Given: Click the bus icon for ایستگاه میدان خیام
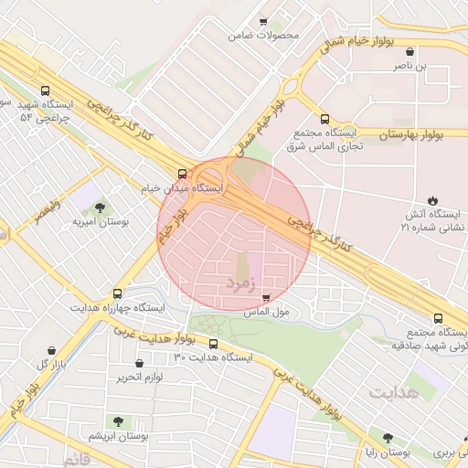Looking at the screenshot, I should point(182,173).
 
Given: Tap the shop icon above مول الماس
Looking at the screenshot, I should point(266,298).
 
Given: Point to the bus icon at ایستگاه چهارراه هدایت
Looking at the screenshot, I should point(117,293).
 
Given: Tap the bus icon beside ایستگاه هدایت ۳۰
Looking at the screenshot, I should point(214,344).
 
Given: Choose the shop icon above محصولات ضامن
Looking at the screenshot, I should point(264,22).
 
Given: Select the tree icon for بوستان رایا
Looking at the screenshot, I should point(388,439).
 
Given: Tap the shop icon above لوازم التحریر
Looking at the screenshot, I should point(139,363).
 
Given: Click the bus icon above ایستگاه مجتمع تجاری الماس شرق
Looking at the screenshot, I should point(324,118).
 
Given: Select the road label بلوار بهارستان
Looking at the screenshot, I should point(410,134).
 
